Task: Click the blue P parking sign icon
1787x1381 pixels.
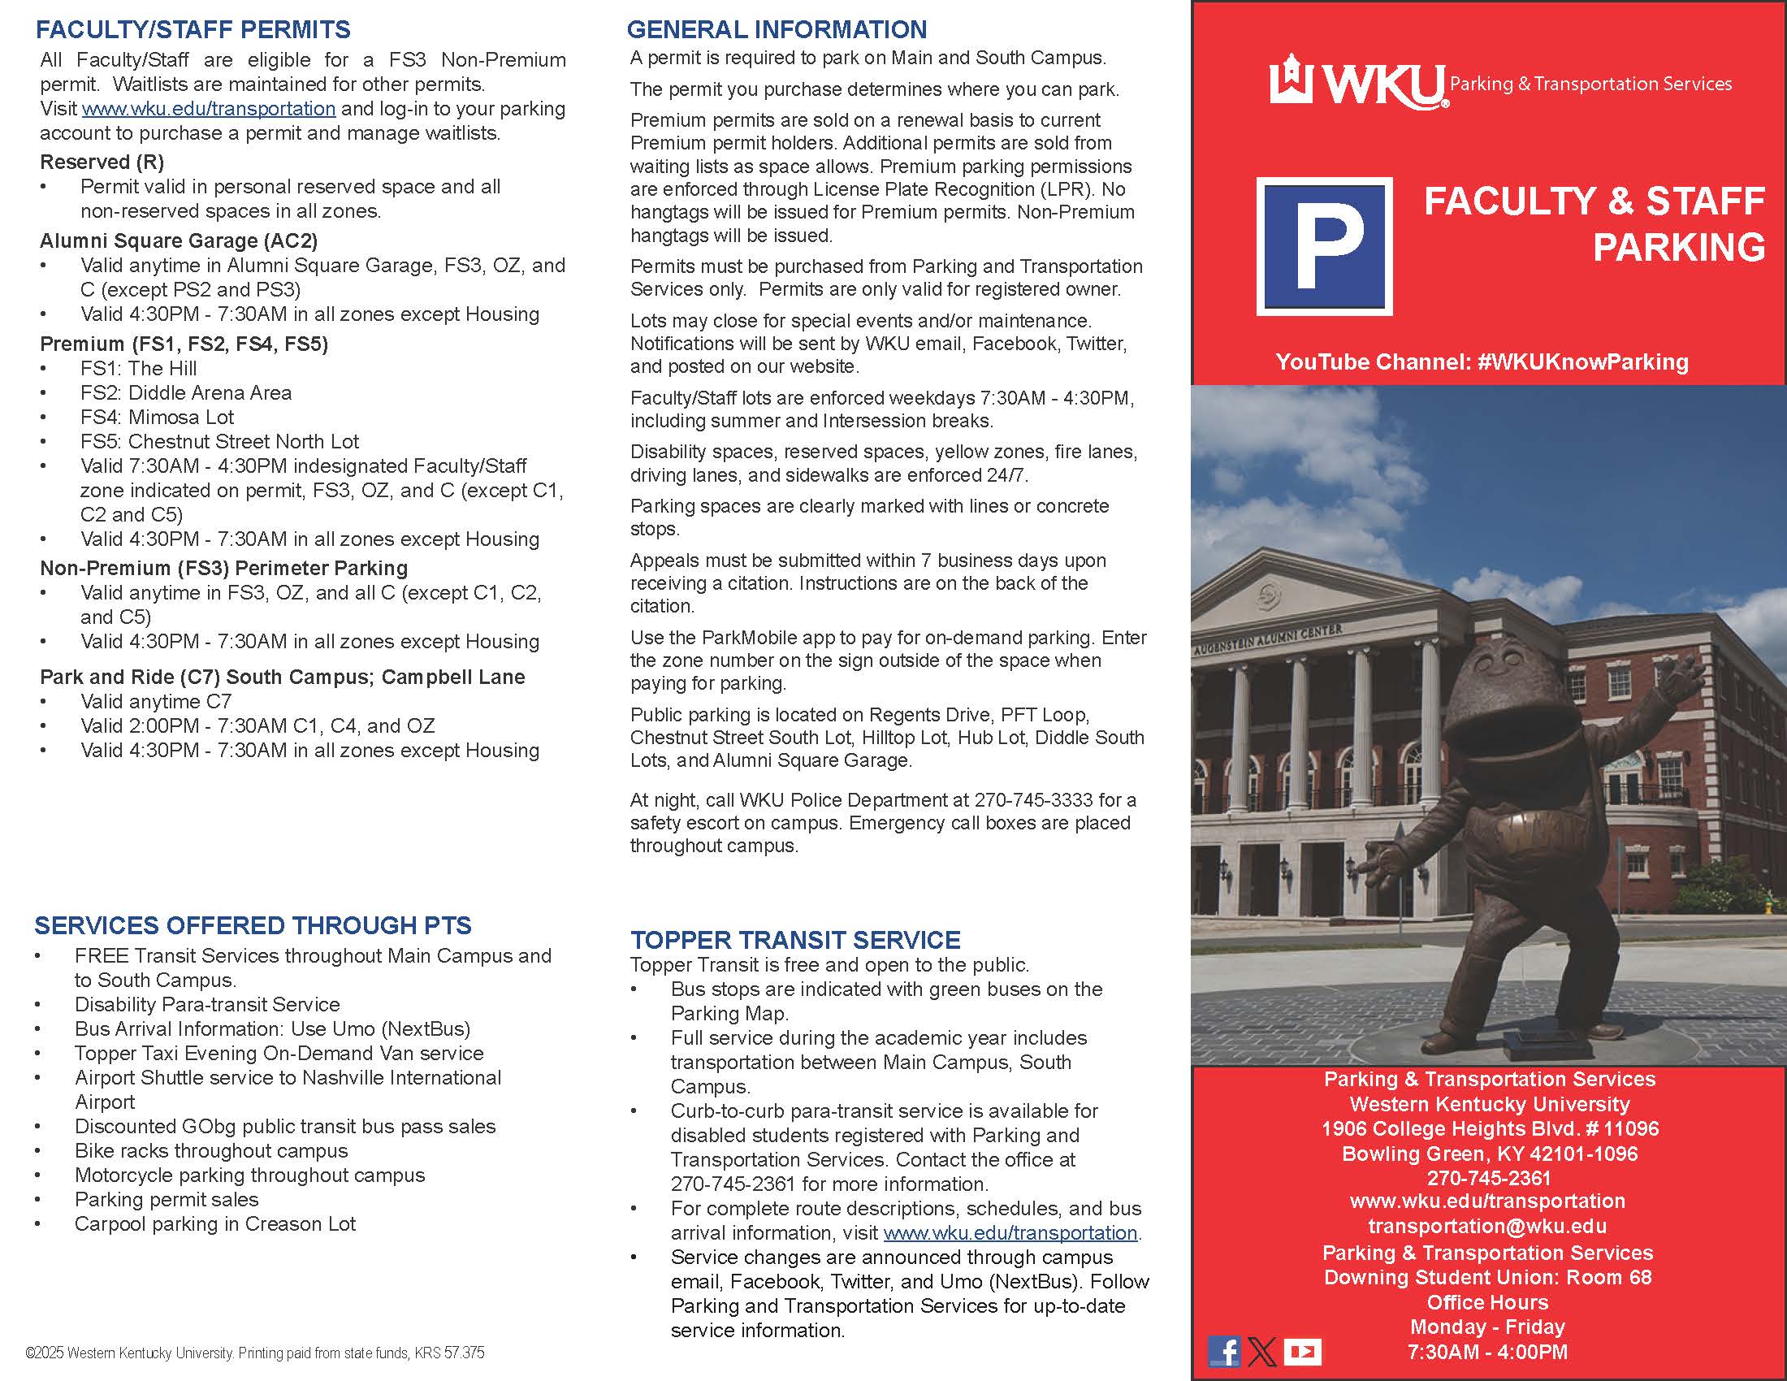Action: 1324,245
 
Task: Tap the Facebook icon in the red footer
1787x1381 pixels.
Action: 1223,1352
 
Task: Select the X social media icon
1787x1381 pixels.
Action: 1261,1352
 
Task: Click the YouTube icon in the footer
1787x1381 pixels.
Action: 1302,1352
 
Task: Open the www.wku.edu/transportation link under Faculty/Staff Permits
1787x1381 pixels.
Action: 209,109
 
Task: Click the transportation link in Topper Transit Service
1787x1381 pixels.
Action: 1010,1233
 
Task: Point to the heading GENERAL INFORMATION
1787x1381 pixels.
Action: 777,29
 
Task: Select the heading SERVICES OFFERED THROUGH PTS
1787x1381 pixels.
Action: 253,925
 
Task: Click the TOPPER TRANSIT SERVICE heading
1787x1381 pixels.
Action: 794,940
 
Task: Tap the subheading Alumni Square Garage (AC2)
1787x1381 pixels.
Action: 179,240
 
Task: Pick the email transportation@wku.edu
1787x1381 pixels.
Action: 1486,1226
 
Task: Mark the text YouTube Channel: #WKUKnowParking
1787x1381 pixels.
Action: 1482,361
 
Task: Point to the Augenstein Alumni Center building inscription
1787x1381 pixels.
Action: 1266,640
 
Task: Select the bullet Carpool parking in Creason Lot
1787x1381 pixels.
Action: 214,1224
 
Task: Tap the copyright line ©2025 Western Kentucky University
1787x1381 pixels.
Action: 254,1353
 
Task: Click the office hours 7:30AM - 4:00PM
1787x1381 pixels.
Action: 1486,1352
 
